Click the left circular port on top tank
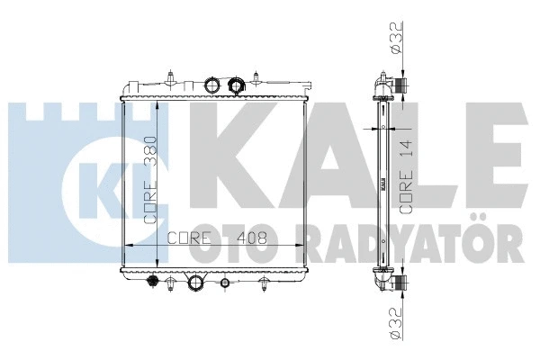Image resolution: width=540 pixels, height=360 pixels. pos(212,85)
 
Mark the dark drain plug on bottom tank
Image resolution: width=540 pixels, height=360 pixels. pos(152,284)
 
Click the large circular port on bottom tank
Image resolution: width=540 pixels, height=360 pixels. pos(195,285)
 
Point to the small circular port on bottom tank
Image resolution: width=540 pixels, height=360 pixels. pos(224,284)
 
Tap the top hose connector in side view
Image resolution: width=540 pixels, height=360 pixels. pos(400,86)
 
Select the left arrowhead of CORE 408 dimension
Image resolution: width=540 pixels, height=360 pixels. pos(125,244)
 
